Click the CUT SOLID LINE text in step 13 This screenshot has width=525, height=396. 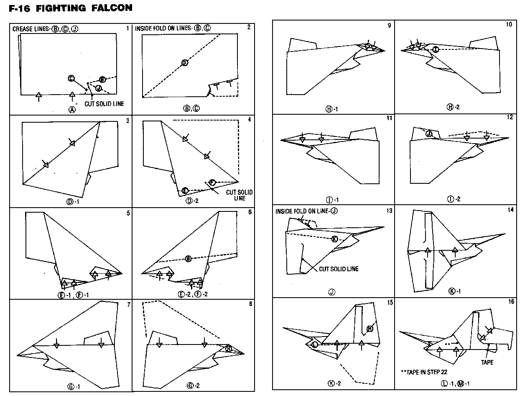click(x=339, y=269)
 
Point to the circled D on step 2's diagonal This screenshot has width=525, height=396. click(x=185, y=63)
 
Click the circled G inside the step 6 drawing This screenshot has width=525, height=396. click(x=189, y=258)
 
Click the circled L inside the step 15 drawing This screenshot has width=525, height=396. click(x=314, y=344)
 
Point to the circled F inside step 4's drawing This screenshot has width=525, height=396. click(x=212, y=183)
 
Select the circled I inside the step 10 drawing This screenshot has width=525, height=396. click(x=436, y=49)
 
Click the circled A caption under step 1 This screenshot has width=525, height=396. click(x=72, y=110)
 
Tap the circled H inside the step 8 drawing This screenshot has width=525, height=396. click(x=229, y=348)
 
